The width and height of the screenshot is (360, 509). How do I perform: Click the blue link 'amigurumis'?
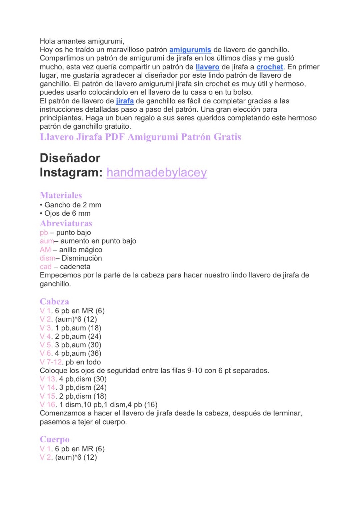point(190,50)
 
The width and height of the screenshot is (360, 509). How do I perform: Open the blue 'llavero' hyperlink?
point(207,67)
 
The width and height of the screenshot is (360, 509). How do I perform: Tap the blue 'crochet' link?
point(270,67)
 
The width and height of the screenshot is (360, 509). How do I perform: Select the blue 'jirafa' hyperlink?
point(125,101)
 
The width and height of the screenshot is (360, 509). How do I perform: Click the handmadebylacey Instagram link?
point(157,172)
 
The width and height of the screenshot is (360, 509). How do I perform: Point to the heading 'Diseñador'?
point(70,158)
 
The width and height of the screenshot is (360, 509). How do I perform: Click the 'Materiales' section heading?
point(61,195)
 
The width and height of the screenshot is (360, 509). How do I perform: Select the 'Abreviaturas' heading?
point(66,223)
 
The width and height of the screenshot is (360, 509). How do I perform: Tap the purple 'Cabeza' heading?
point(54,302)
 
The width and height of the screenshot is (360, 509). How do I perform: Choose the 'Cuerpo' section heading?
point(55,439)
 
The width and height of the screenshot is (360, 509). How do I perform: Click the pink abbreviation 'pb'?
point(44,233)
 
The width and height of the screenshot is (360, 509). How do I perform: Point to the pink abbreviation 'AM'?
point(45,250)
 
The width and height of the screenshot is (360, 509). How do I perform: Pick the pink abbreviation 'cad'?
point(46,267)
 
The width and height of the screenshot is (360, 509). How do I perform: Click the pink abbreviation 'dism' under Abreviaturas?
point(47,258)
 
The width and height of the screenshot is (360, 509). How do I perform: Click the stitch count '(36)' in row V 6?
point(94,353)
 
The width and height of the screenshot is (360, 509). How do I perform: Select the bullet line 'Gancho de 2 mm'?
point(73,205)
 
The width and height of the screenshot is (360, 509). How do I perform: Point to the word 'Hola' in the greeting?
point(47,41)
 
